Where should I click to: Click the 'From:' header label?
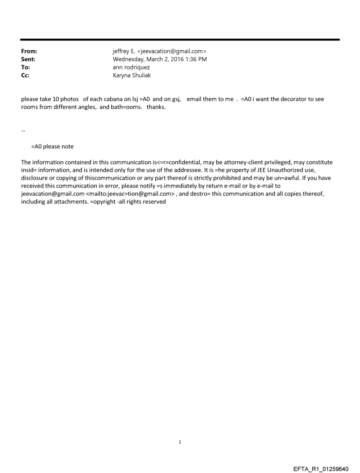[29, 52]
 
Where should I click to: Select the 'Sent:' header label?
[28, 59]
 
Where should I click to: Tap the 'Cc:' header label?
[25, 75]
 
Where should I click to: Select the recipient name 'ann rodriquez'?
[131, 67]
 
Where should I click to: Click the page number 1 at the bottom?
[180, 442]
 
